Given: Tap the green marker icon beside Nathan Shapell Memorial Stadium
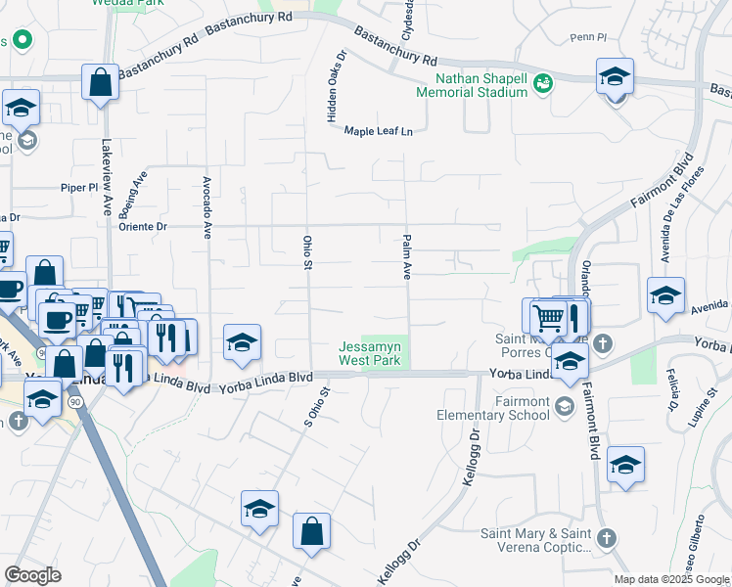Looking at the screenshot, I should (x=541, y=85).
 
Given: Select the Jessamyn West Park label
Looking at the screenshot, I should (x=372, y=353).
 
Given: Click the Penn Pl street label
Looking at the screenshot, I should (x=589, y=38).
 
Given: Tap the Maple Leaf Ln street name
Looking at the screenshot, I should (x=378, y=131).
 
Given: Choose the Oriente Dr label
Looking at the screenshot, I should (x=145, y=226).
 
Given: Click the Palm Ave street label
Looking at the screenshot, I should (x=405, y=257).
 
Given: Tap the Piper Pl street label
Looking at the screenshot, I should (x=80, y=186).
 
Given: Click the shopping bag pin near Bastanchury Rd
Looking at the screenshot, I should (x=101, y=82).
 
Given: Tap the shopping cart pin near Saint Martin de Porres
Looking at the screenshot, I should (x=548, y=316).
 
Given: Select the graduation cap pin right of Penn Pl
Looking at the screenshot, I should (x=614, y=75).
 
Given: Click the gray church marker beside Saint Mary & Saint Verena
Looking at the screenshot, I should (x=606, y=537).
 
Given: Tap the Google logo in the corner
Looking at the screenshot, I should (x=33, y=575).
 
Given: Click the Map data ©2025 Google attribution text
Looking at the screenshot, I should (x=671, y=579).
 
